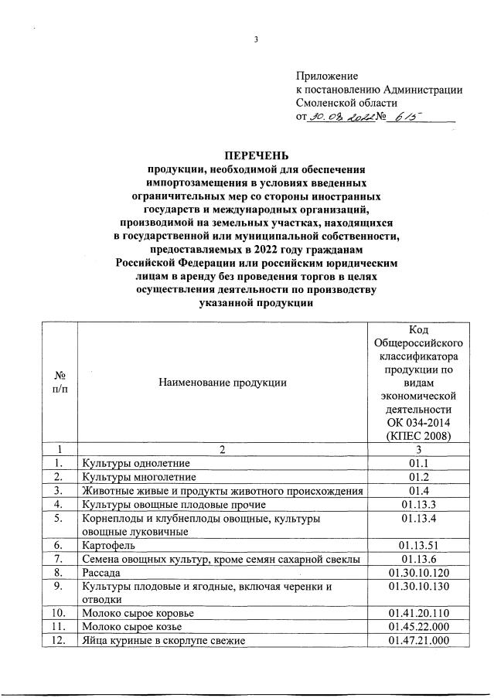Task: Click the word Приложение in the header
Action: (x=327, y=76)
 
